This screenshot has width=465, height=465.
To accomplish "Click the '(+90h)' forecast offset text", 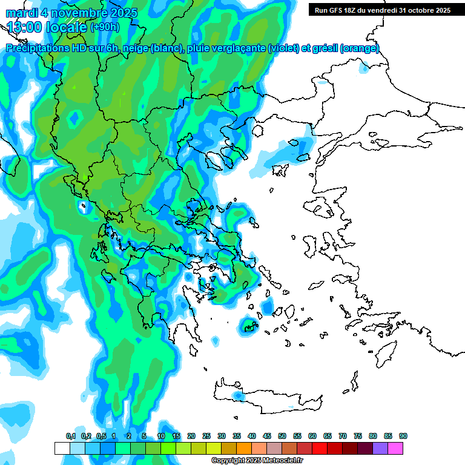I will (105, 27).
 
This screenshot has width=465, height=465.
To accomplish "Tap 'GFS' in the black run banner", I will (337, 10).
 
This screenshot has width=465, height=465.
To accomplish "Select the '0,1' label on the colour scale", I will (70, 437).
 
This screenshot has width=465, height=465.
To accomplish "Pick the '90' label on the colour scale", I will (403, 437).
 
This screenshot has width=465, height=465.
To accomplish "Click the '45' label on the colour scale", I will (267, 437).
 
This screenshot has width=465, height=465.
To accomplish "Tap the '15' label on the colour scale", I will (176, 437).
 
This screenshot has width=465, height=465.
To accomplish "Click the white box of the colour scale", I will (62, 448).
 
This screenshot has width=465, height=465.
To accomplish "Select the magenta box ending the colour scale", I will (395, 448).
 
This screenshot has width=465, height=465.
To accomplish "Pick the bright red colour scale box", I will (320, 448).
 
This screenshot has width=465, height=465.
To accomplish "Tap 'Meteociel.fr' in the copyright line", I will (283, 461).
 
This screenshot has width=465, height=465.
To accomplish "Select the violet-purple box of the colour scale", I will (380, 448).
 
